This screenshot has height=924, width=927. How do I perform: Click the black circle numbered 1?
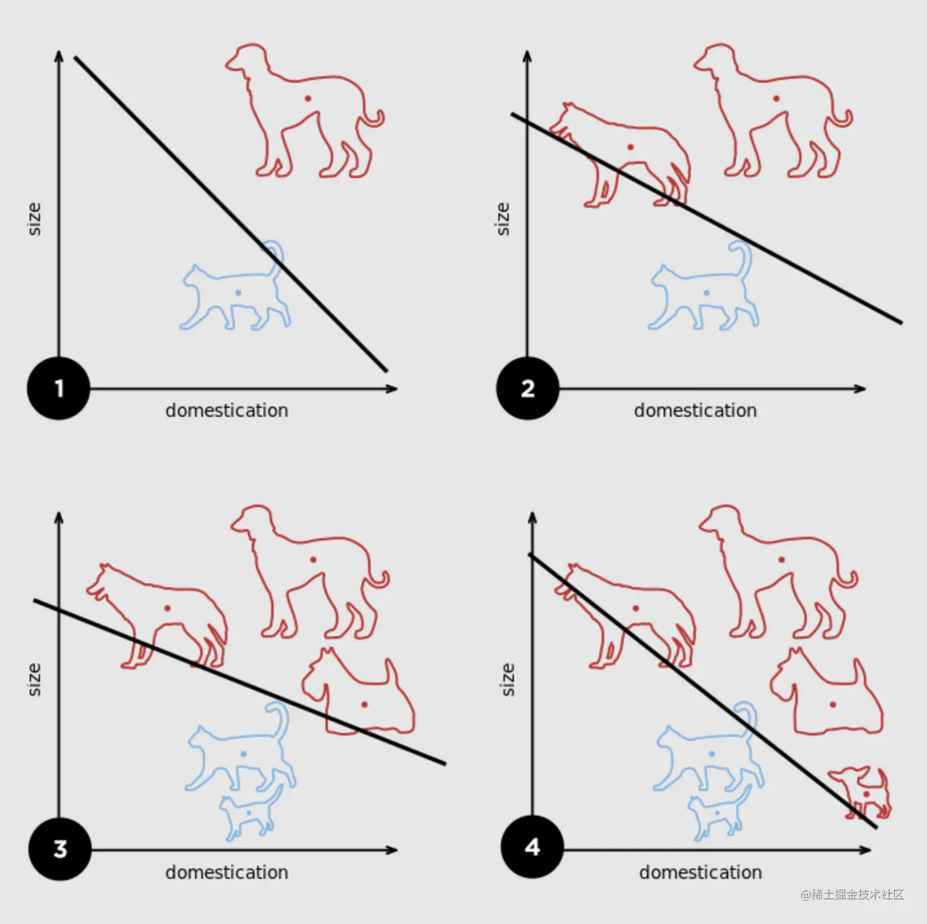tap(59, 388)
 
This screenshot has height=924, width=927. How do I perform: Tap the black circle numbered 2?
tap(527, 388)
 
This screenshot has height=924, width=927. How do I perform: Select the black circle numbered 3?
tap(60, 849)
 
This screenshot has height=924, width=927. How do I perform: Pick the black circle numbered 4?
tap(532, 847)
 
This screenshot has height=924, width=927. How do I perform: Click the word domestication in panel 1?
tap(227, 411)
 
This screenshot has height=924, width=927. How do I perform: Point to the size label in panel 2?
tap(503, 219)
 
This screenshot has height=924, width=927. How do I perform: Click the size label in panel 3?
tap(34, 679)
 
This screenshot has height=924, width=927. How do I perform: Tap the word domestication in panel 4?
tap(700, 872)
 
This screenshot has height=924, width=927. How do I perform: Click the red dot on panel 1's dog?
tap(308, 99)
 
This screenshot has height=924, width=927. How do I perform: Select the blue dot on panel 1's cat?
tap(238, 292)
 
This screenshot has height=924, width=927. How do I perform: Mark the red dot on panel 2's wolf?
tap(631, 146)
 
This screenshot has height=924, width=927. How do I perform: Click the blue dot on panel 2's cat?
tap(707, 292)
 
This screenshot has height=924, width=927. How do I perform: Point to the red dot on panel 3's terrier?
tap(364, 705)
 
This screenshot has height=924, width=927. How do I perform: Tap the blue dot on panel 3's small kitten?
tap(249, 813)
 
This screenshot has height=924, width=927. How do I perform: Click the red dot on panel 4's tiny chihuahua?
tap(866, 794)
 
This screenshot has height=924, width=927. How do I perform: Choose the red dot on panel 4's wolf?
tap(635, 608)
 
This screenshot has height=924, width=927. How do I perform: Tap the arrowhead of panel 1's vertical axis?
tap(59, 55)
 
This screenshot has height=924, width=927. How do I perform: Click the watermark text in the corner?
tap(852, 894)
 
